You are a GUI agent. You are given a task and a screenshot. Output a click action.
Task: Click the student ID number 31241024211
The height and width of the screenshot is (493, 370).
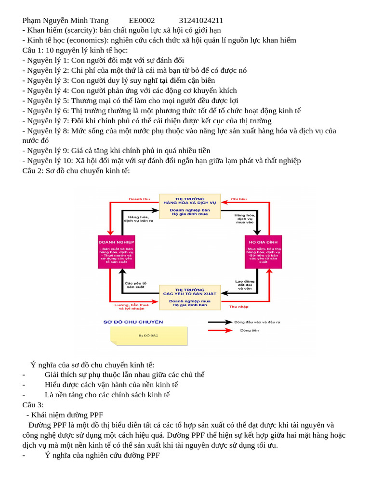201,20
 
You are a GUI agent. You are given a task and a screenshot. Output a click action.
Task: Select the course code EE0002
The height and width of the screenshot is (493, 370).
142,20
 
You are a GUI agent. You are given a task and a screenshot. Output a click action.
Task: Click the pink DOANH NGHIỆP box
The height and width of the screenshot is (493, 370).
117,252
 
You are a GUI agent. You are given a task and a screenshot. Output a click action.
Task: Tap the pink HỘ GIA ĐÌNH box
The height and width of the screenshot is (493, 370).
263,252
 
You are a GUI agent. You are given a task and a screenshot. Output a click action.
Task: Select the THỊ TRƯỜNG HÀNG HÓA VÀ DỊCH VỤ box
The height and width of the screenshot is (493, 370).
190,206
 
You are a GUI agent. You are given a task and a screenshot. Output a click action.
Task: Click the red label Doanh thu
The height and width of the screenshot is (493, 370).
139,199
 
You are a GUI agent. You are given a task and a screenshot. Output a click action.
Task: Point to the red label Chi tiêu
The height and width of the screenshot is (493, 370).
238,199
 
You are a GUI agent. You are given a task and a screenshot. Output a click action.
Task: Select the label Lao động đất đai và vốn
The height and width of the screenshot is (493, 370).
245,285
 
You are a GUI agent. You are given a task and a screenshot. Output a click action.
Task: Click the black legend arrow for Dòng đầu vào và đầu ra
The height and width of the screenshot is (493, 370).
220,322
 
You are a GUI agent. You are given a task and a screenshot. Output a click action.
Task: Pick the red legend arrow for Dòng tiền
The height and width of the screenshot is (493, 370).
220,330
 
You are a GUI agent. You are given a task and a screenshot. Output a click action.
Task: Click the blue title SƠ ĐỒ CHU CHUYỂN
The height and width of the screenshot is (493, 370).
133,322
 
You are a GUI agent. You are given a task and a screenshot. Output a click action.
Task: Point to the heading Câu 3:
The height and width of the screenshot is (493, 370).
33,405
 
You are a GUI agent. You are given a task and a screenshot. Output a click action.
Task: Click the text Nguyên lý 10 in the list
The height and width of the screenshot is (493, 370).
49,161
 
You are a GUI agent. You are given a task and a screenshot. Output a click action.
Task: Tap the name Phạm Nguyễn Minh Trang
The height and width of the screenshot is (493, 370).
65,20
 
